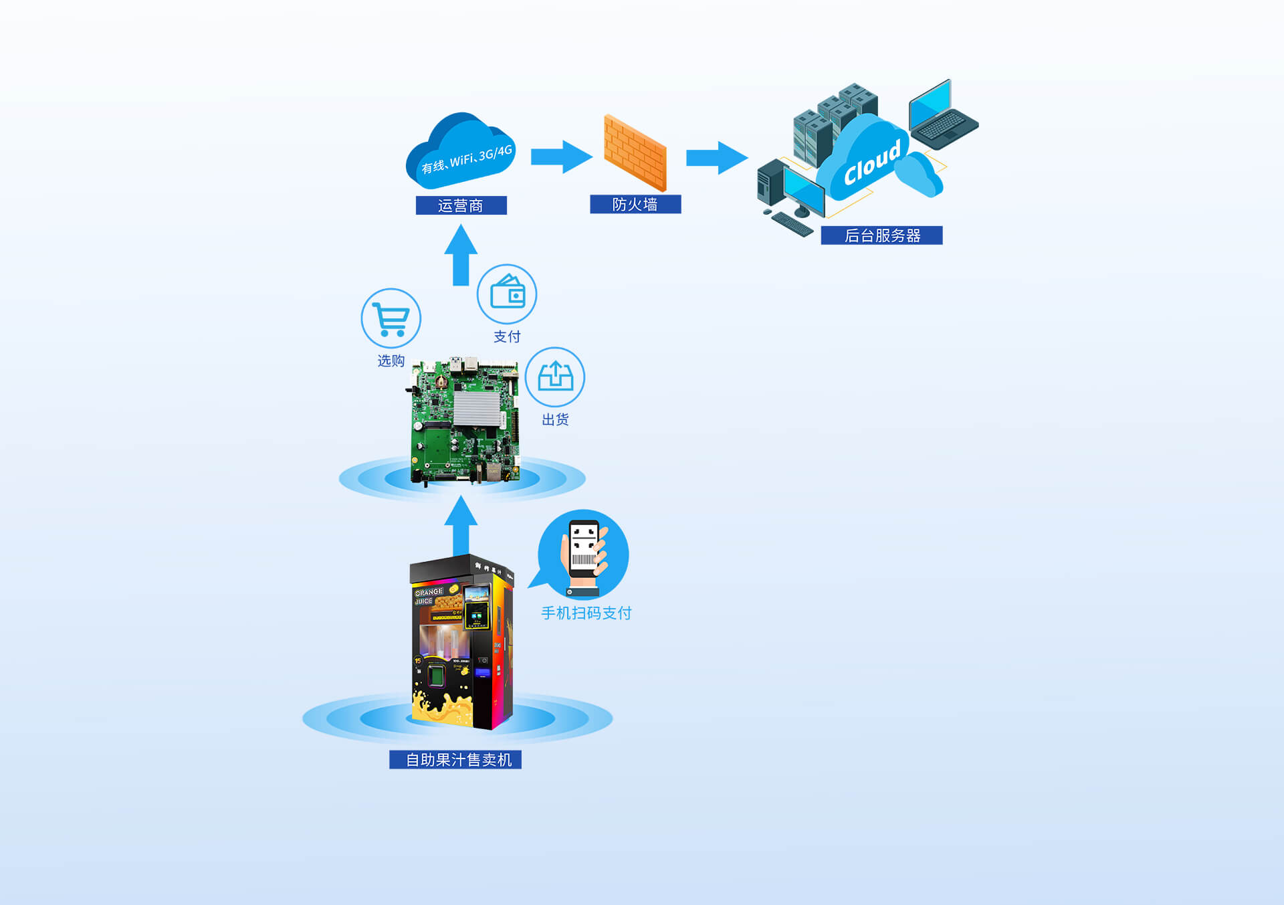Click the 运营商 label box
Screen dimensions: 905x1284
pyautogui.click(x=461, y=205)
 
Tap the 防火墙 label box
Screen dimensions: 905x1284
pyautogui.click(x=635, y=204)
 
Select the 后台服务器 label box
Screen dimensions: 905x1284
pyautogui.click(x=881, y=235)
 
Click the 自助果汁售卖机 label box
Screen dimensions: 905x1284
pyautogui.click(x=455, y=760)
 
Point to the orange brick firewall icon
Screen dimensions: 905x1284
pyautogui.click(x=635, y=153)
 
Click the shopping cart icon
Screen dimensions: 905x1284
pyautogui.click(x=391, y=318)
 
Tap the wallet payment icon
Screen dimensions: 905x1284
pyautogui.click(x=507, y=294)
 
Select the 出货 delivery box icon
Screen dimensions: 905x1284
pyautogui.click(x=555, y=377)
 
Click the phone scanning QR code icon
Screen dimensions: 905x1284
pyautogui.click(x=584, y=554)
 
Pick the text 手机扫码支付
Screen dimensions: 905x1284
pyautogui.click(x=586, y=613)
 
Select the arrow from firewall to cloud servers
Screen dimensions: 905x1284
pyautogui.click(x=716, y=158)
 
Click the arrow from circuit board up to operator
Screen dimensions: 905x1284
pyautogui.click(x=461, y=256)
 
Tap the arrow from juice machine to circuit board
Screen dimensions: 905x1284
pyautogui.click(x=461, y=526)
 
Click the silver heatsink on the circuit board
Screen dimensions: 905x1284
pyautogui.click(x=477, y=409)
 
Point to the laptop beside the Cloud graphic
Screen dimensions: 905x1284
pyautogui.click(x=942, y=114)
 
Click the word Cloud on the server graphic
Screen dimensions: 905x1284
pyautogui.click(x=871, y=163)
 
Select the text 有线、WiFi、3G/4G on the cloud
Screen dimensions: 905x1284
pyautogui.click(x=466, y=159)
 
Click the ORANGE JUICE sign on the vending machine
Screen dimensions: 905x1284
pyautogui.click(x=428, y=596)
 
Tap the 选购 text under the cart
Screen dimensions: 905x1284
pyautogui.click(x=391, y=361)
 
